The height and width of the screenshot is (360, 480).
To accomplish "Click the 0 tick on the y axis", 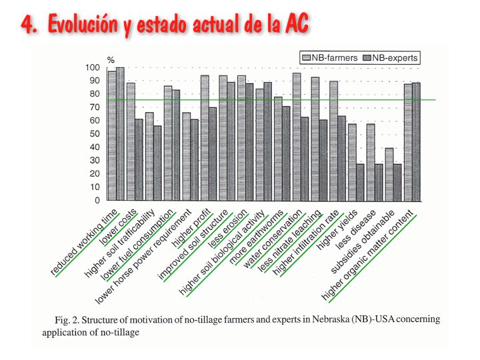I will point(97,200).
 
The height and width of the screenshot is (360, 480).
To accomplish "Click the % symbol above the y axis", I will point(111,59).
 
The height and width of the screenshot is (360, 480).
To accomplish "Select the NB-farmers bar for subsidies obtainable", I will point(389,174).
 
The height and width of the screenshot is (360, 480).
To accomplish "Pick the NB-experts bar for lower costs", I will point(139,160).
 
